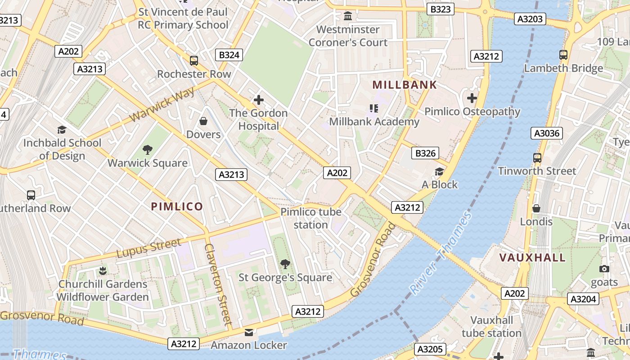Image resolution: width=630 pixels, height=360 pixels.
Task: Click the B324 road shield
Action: tap(230, 55)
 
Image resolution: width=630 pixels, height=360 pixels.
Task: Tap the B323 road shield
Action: tap(441, 9)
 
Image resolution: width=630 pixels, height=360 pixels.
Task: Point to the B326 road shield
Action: tap(425, 153)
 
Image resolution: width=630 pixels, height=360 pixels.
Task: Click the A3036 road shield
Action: tap(547, 133)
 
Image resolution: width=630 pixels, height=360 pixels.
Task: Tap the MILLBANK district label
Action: tap(405, 85)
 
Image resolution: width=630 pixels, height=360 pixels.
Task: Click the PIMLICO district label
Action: tap(177, 207)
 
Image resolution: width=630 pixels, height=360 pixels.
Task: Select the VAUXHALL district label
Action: tap(532, 257)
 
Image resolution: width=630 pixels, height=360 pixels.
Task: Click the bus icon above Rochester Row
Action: tap(194, 60)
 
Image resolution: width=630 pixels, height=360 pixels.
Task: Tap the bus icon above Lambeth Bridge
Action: tap(563, 55)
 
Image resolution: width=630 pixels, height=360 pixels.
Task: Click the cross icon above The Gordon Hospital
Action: tap(258, 100)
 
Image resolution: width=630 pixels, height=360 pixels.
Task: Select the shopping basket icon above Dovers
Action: tap(203, 121)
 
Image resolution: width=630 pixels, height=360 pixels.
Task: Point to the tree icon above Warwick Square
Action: tap(147, 150)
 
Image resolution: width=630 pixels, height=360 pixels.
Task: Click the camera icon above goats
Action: tap(604, 269)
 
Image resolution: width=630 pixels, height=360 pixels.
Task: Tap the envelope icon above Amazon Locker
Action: tap(249, 333)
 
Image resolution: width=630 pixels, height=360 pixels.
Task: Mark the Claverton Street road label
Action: tap(218, 284)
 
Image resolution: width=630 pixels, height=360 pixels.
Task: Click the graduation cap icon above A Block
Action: tap(439, 171)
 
